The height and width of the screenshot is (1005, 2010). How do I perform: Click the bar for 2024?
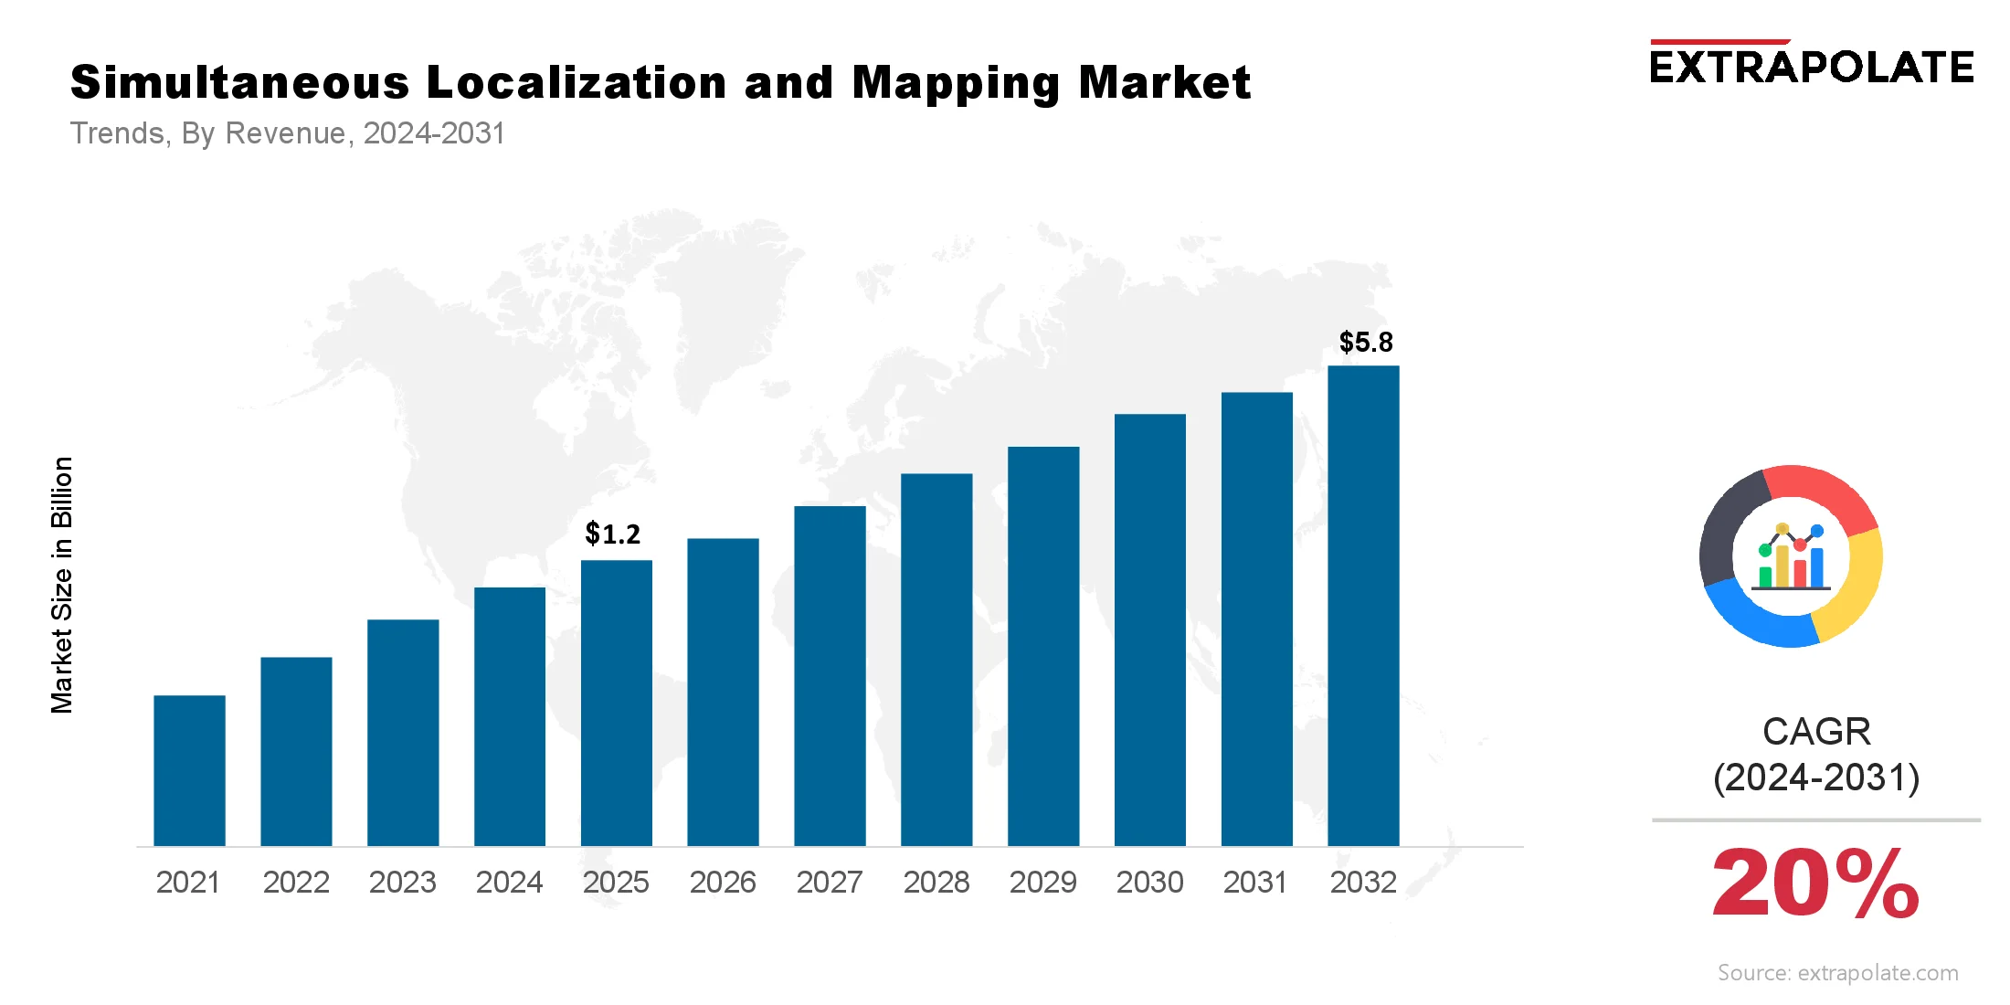pyautogui.click(x=510, y=716)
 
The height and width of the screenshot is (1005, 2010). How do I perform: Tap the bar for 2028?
pyautogui.click(x=936, y=659)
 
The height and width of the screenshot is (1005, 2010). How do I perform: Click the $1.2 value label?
pyautogui.click(x=612, y=534)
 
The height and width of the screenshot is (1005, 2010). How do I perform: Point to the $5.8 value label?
pyautogui.click(x=1366, y=343)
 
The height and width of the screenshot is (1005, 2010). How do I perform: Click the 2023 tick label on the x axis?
pyautogui.click(x=402, y=883)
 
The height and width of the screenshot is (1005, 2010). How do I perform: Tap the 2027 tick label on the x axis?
pyautogui.click(x=829, y=883)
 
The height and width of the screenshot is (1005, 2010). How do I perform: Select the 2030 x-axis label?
pyautogui.click(x=1149, y=883)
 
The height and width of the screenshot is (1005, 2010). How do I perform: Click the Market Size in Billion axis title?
pyautogui.click(x=61, y=585)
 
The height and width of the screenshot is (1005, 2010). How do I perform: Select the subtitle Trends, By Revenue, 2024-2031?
pyautogui.click(x=287, y=133)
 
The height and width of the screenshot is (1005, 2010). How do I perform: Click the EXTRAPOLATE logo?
pyautogui.click(x=1811, y=66)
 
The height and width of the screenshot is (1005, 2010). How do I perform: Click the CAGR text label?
pyautogui.click(x=1816, y=732)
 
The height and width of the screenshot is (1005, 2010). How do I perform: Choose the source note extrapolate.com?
pyautogui.click(x=1837, y=973)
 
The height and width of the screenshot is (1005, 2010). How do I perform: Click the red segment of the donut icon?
pyautogui.click(x=1823, y=493)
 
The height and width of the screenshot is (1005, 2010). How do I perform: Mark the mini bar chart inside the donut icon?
pyautogui.click(x=1791, y=559)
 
